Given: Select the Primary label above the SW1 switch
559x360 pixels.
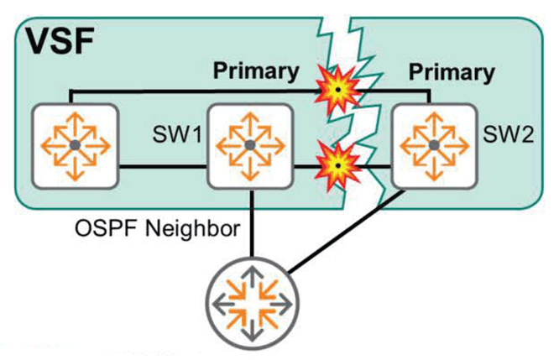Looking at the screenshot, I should click(256, 70).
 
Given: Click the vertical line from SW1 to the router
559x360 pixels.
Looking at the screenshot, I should click(249, 227).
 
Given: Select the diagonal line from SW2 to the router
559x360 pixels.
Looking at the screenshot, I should click(353, 236).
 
